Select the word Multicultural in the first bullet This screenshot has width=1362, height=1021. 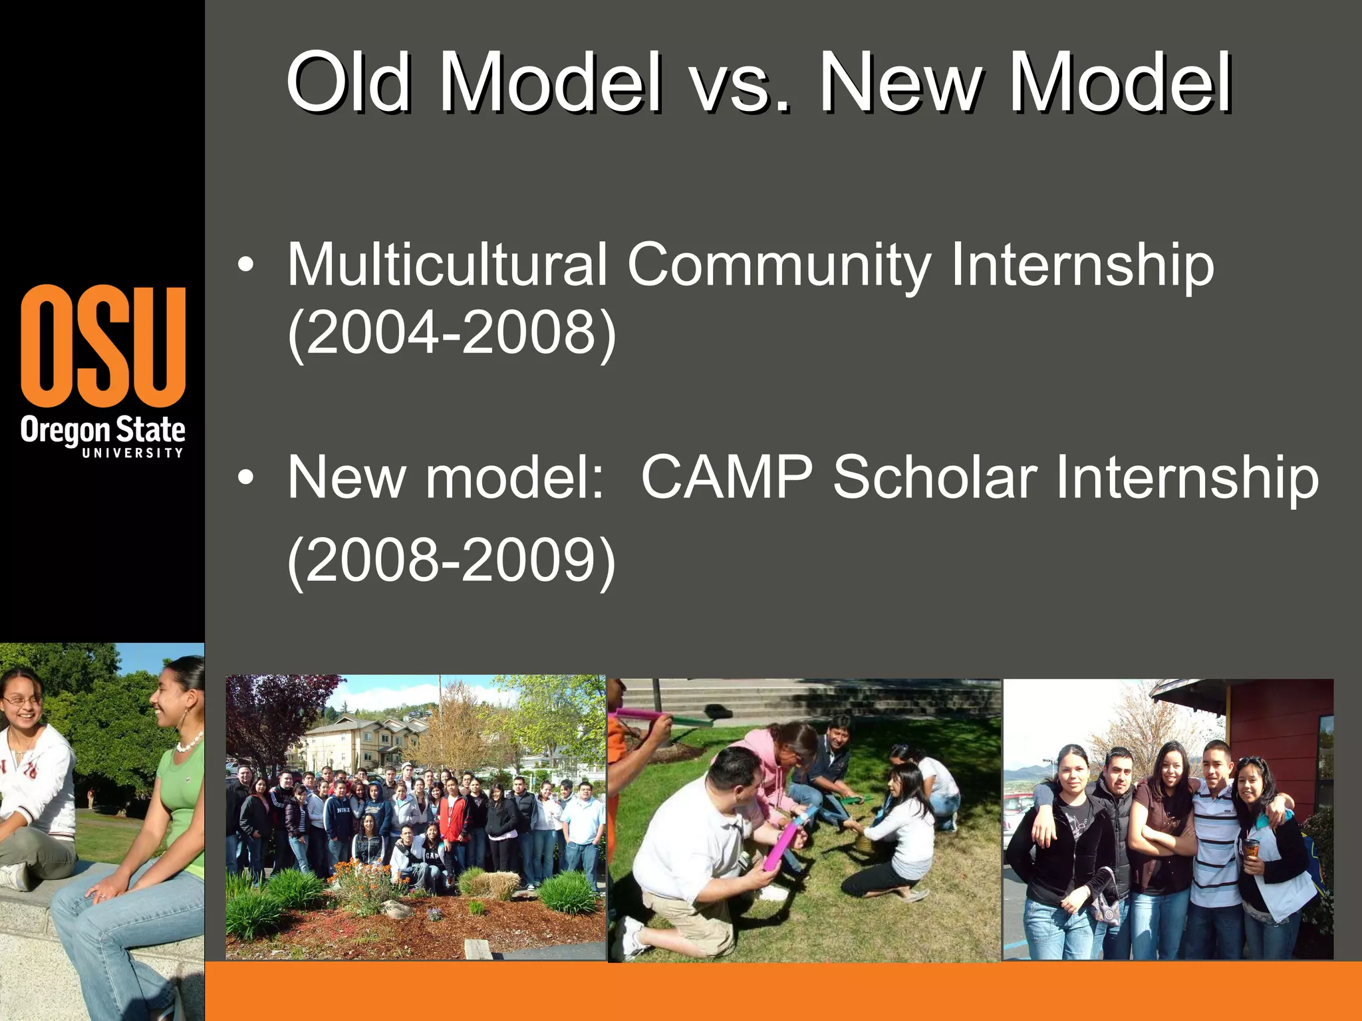(x=447, y=265)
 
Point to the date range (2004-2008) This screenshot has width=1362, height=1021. (x=452, y=332)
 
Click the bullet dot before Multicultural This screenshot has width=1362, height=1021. (x=245, y=266)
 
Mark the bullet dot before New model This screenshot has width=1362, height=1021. (x=245, y=478)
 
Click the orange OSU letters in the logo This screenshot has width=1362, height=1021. (x=103, y=346)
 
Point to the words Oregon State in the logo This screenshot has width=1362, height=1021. (x=102, y=431)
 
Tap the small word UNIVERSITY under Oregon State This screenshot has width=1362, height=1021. (x=132, y=453)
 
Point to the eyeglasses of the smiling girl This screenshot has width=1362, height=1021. (x=19, y=700)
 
